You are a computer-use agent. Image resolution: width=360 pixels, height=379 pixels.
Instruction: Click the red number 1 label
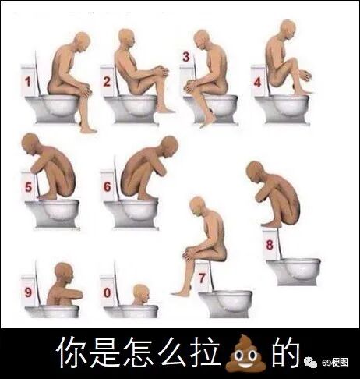(27, 82)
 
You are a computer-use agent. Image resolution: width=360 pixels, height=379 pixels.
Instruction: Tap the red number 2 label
(107, 82)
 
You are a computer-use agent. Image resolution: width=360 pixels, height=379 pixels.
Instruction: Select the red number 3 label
(186, 57)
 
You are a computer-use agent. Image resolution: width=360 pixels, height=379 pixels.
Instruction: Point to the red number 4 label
(257, 83)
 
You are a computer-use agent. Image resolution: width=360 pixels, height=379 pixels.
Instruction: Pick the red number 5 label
(28, 187)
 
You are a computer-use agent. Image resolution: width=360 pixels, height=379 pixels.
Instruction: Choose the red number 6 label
(108, 186)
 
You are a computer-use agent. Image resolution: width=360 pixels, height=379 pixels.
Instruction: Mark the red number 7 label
(202, 278)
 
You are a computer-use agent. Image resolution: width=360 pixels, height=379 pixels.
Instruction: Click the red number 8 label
(270, 245)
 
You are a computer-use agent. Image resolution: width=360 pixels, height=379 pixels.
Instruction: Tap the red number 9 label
(28, 292)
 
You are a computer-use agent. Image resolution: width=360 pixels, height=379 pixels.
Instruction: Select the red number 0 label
(108, 293)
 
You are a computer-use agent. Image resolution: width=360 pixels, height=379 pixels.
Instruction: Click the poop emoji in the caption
(246, 353)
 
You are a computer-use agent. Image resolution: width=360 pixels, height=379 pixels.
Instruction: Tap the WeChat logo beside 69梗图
(311, 363)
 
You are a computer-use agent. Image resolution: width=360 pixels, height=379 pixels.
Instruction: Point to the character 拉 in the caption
(206, 352)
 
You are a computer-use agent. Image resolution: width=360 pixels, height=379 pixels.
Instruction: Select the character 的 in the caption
(287, 352)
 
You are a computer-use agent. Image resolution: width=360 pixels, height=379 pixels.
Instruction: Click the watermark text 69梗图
(335, 363)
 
